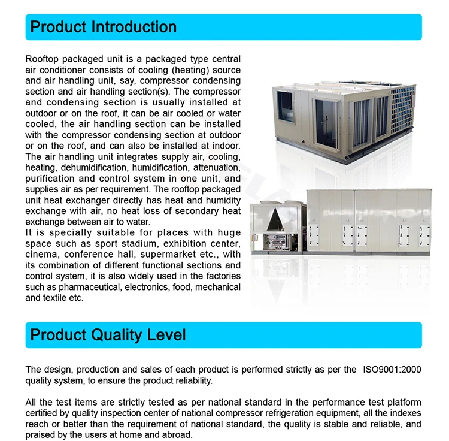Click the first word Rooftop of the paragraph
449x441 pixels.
click(43, 59)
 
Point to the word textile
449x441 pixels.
click(54, 298)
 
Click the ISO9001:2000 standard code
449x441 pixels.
click(392, 370)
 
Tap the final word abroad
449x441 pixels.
click(178, 434)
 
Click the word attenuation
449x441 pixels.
click(217, 168)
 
